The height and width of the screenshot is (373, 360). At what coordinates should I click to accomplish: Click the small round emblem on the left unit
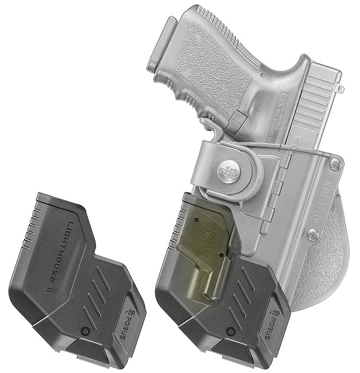pos(85,330)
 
